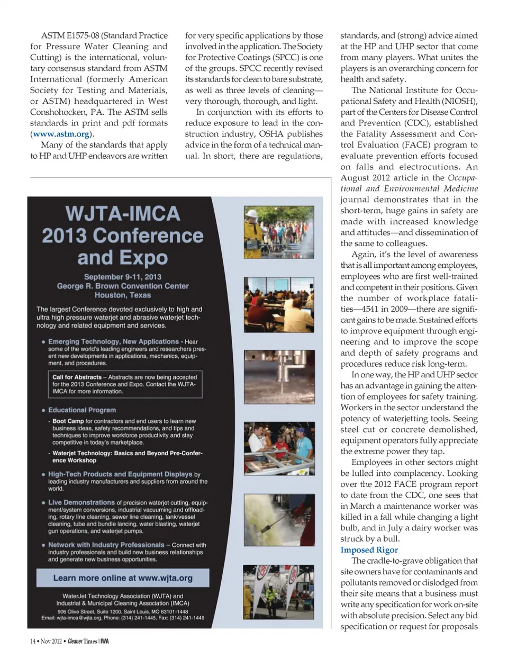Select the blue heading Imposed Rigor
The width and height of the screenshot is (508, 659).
coord(369,550)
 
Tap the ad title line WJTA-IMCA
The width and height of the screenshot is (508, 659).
coord(123,213)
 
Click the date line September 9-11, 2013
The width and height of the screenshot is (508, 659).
coord(123,277)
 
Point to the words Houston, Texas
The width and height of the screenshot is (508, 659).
coord(123,295)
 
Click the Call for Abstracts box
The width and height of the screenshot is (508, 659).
coord(124,384)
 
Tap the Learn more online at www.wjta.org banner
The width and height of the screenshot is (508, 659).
coord(123,578)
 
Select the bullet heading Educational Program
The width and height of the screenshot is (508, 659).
coord(82,410)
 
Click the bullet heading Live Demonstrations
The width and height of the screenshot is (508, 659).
coord(81,502)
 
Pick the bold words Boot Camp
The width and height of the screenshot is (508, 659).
coord(68,421)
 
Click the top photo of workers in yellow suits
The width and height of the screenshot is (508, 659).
coord(278,232)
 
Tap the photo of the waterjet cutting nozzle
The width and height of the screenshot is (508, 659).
coord(278,377)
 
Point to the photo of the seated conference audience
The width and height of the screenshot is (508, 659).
coord(278,304)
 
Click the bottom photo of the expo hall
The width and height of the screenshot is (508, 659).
coord(278,592)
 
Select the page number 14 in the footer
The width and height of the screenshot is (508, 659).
coord(33,642)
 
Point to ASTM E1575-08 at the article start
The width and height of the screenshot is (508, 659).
coord(69,35)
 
